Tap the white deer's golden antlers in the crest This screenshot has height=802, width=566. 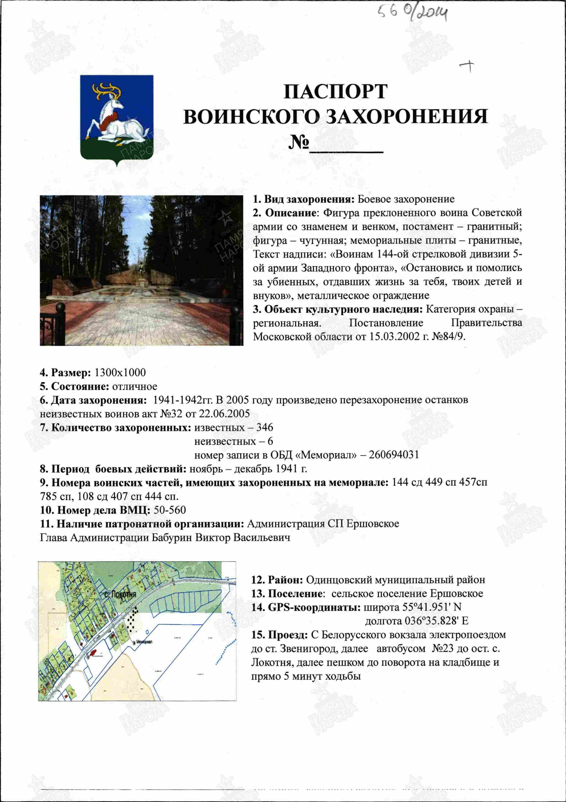[x=107, y=90]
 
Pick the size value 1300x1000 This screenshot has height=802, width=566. [x=120, y=373]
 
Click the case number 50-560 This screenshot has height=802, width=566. [x=170, y=510]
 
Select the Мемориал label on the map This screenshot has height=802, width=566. [x=145, y=642]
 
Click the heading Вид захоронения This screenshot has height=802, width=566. [x=309, y=199]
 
